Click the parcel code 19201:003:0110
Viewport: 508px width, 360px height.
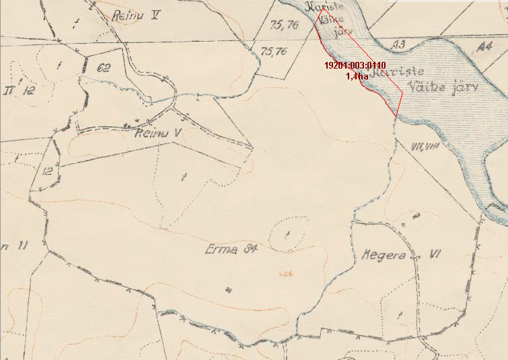(355, 65)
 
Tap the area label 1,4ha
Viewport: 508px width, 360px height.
(357, 76)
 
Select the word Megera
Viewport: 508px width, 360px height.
(382, 256)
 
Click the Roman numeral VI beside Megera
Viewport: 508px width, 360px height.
(435, 255)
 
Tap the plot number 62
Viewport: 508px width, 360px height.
(103, 67)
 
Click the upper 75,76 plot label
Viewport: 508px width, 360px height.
(283, 26)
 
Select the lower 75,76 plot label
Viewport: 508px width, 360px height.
(273, 51)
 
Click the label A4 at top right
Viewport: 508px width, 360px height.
(483, 47)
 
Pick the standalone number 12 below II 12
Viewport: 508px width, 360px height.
(46, 171)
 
